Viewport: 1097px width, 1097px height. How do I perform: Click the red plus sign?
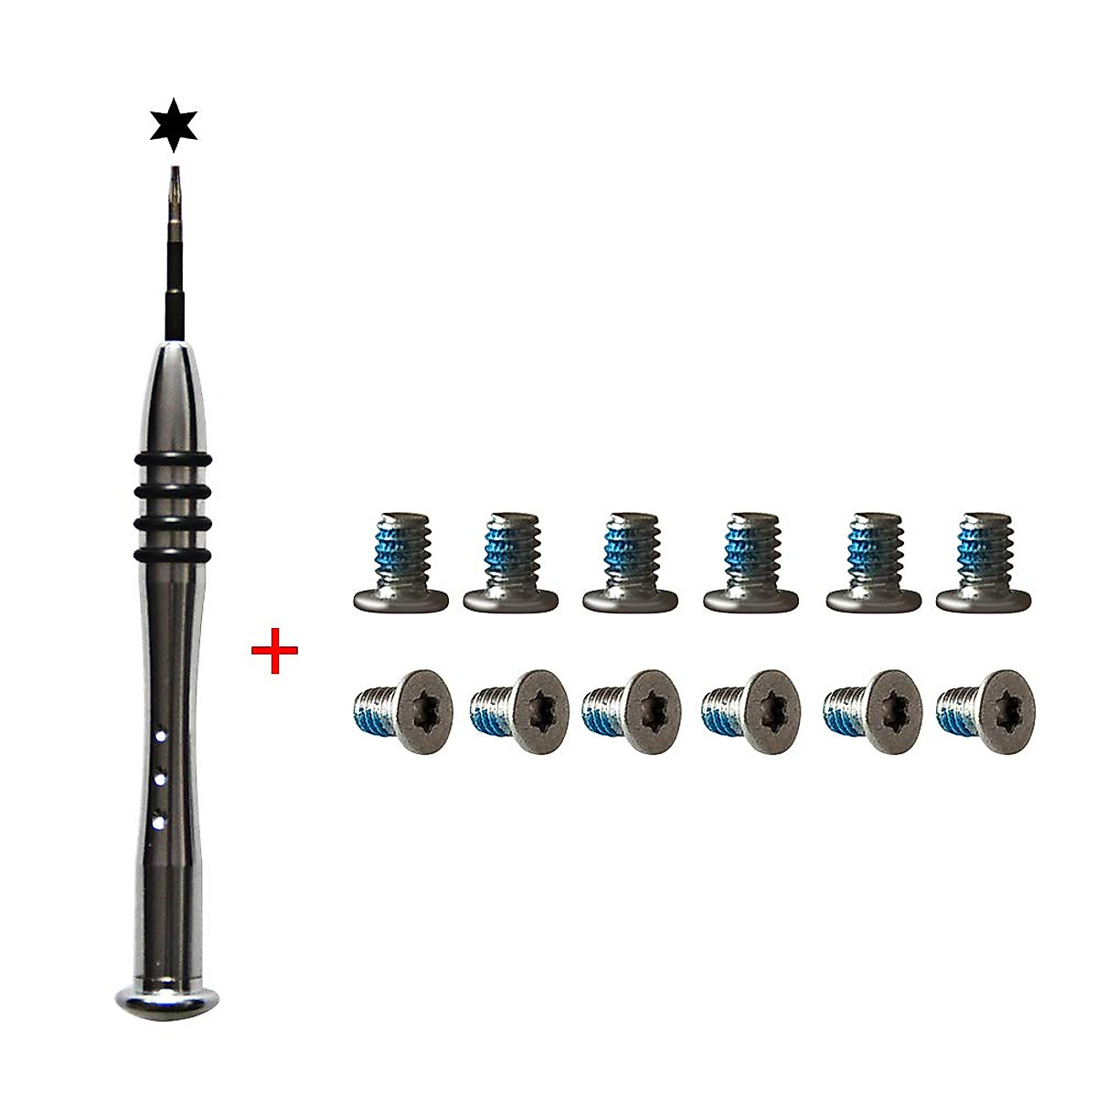[x=274, y=656]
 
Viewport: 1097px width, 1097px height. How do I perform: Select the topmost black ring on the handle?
[x=174, y=458]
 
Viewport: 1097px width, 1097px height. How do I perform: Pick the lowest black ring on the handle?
[x=174, y=554]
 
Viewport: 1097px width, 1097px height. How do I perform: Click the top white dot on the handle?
[x=161, y=734]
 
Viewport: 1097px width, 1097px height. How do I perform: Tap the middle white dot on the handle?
[x=161, y=779]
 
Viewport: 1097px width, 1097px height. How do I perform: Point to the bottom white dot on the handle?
[x=161, y=823]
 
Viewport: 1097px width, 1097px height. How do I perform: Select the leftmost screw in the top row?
[x=400, y=563]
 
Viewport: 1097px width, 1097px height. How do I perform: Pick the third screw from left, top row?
[x=631, y=563]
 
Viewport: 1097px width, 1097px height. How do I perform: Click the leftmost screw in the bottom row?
[x=395, y=711]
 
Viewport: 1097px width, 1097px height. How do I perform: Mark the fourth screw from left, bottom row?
[x=747, y=711]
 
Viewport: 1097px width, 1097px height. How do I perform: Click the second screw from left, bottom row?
[x=513, y=711]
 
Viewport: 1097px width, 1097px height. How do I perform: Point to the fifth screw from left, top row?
[x=872, y=563]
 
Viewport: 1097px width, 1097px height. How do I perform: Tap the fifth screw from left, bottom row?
[x=868, y=711]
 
